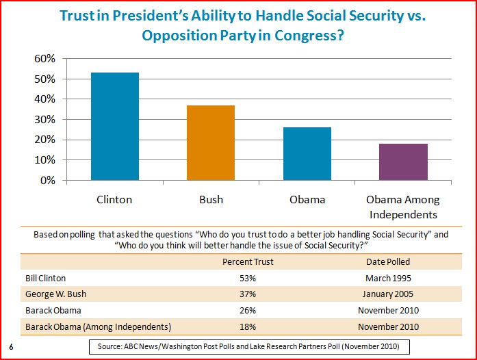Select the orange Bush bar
pyautogui.click(x=211, y=143)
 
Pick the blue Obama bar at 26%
pyautogui.click(x=307, y=154)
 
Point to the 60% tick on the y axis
pyautogui.click(x=44, y=59)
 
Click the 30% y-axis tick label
pyautogui.click(x=44, y=120)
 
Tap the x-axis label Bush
pyautogui.click(x=211, y=201)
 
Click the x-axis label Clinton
pyautogui.click(x=114, y=201)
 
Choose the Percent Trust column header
pyautogui.click(x=248, y=262)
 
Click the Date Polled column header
pyautogui.click(x=388, y=262)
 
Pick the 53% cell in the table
pyautogui.click(x=248, y=279)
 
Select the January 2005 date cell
pyautogui.click(x=388, y=294)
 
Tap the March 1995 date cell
pyautogui.click(x=388, y=279)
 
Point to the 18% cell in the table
pyautogui.click(x=248, y=326)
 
